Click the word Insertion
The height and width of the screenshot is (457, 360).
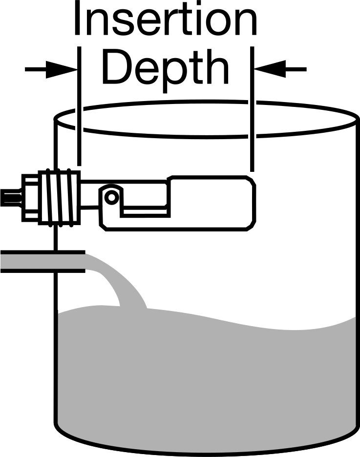coord(166,18)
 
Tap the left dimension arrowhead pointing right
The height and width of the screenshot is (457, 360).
coord(61,69)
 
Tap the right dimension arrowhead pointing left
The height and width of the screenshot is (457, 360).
coord(270,69)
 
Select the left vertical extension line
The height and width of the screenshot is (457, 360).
coord(79,106)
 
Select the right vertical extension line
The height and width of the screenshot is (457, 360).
coord(253,109)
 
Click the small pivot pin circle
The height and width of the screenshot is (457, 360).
coord(111,198)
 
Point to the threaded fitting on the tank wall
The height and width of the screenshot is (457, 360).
coord(59,198)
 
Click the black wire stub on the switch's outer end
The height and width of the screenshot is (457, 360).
coord(10,198)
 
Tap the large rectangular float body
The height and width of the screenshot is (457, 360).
coord(212,203)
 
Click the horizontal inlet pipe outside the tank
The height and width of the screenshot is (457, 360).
coord(42,261)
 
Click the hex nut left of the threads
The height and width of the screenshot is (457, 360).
coord(30,198)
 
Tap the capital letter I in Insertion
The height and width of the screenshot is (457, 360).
coord(77,18)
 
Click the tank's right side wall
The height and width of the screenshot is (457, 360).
coord(358,271)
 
